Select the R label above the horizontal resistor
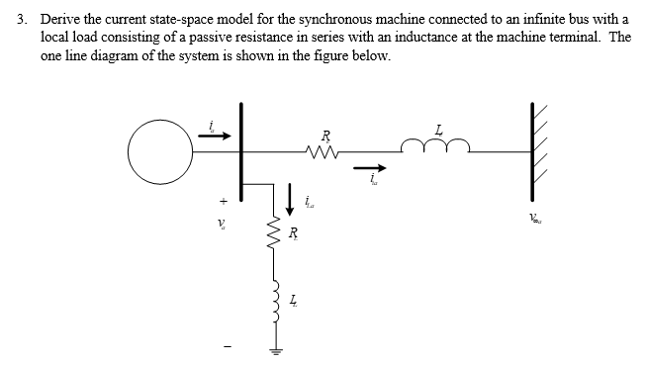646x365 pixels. (x=325, y=134)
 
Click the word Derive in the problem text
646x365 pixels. (x=59, y=19)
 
